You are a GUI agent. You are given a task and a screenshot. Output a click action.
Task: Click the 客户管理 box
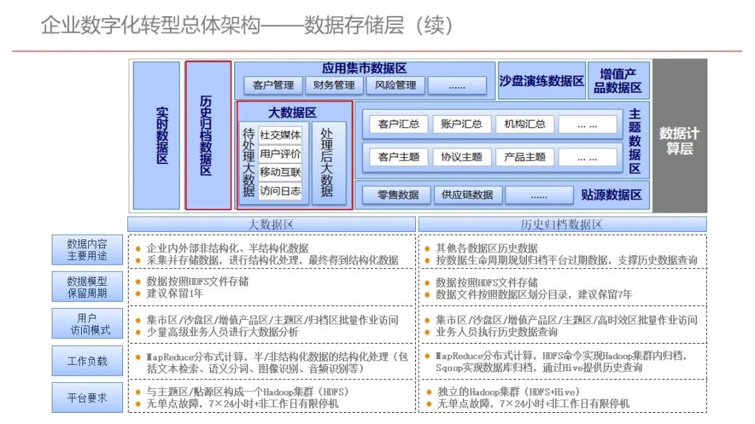[x=273, y=86]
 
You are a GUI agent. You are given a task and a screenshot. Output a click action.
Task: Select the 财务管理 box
[x=334, y=86]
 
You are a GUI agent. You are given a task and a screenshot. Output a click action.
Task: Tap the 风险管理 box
[x=395, y=86]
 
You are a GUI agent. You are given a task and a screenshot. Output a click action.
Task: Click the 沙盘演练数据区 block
[x=542, y=81]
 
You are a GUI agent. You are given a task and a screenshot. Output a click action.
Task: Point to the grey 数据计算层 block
[x=679, y=136]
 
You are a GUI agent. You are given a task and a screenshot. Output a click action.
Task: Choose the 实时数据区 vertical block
[x=156, y=136]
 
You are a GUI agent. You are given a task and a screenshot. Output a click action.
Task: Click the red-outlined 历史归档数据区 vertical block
[x=208, y=136]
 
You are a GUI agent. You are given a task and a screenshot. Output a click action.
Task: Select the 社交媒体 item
[x=280, y=135]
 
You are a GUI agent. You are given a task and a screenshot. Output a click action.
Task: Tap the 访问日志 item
[x=280, y=191]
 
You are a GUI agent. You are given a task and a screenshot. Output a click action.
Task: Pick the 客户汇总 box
[x=398, y=124]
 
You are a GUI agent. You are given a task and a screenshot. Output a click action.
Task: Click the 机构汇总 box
[x=525, y=124]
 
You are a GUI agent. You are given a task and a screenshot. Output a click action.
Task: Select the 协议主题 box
[x=461, y=157]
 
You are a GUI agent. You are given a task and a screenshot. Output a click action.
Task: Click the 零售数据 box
[x=398, y=195]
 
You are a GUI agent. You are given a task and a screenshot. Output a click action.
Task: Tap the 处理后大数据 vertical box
[x=327, y=162]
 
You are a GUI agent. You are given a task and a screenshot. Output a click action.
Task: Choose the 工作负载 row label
[x=87, y=361]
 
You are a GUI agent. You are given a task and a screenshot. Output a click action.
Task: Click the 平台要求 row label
[x=87, y=397]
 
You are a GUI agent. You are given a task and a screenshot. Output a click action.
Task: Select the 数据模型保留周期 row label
[x=87, y=287]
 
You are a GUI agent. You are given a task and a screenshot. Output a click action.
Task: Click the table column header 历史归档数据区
[x=561, y=225]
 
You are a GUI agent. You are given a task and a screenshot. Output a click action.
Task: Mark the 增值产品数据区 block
[x=618, y=81]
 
